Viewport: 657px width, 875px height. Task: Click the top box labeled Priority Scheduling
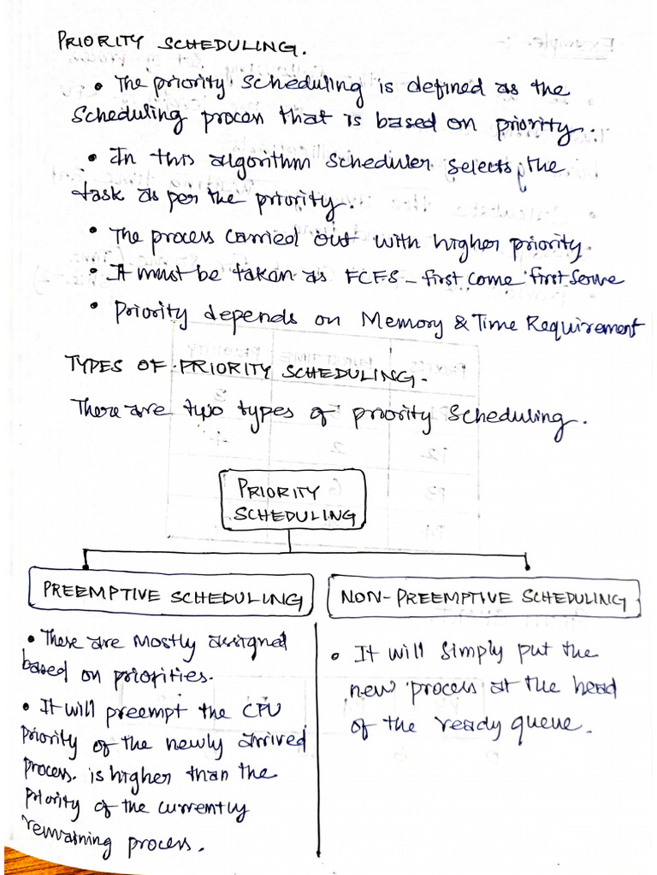(x=293, y=502)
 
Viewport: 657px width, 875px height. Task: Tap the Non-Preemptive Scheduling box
(x=483, y=597)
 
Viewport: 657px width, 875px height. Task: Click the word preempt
(x=151, y=712)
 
